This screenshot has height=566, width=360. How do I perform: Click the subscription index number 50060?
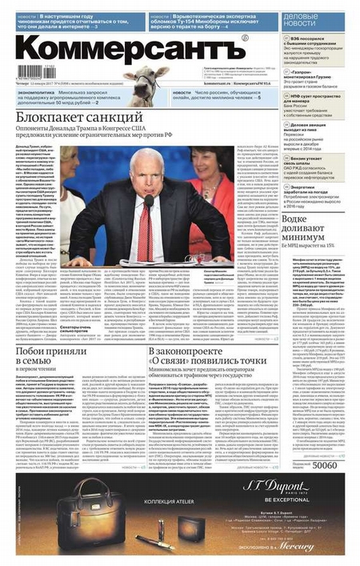(x=324, y=465)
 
